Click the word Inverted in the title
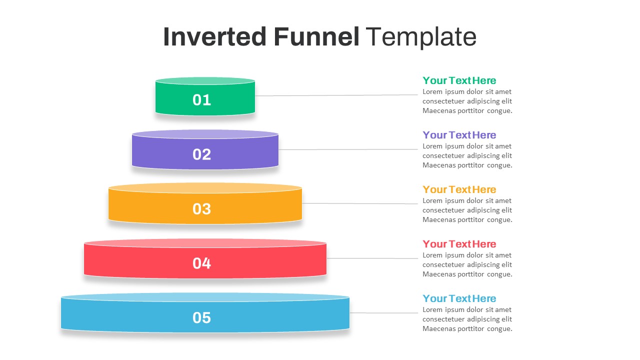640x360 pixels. pos(214,37)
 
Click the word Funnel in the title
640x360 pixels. pos(316,37)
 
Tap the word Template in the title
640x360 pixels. pos(421,37)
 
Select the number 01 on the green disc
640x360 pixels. pos(202,100)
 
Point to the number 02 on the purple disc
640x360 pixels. pos(202,154)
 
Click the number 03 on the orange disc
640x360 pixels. pos(202,209)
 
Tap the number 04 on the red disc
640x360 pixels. pos(202,263)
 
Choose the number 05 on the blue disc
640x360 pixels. pos(202,318)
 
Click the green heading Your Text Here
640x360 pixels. pos(459,80)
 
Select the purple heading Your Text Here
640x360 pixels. pos(459,135)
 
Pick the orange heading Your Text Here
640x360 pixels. pos(459,189)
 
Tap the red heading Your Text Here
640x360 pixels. pos(459,244)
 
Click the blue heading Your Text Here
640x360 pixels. pos(459,298)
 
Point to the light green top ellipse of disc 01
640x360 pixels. pos(205,80)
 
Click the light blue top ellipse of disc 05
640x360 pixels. pos(205,297)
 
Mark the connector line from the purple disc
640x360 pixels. pos(347,149)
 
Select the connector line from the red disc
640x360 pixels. pos(372,258)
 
